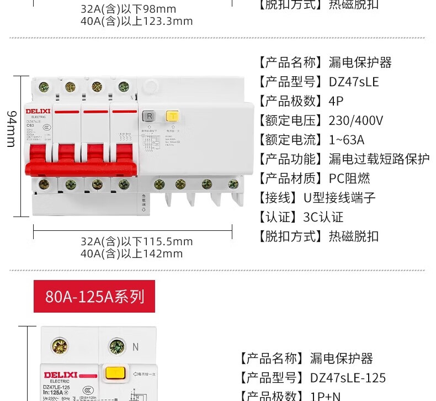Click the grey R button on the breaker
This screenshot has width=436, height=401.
tap(148, 116)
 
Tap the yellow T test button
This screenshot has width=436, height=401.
tap(172, 116)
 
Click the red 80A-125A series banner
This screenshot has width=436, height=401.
tap(94, 297)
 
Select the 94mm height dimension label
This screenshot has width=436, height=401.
tap(12, 128)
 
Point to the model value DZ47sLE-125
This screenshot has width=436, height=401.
tap(348, 378)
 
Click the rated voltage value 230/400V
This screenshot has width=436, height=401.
tap(355, 121)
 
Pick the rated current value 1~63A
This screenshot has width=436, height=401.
tap(346, 140)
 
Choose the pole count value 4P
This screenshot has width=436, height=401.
tap(336, 102)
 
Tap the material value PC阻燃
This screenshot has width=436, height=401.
tap(349, 178)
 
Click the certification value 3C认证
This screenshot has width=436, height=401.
tap(323, 217)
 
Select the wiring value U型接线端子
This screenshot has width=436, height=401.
tap(339, 198)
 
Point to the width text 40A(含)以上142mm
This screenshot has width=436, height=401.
tap(131, 254)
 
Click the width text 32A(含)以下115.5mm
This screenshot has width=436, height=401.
tap(136, 242)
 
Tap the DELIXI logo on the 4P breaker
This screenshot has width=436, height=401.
tap(38, 111)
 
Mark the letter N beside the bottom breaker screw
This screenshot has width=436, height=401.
tap(135, 347)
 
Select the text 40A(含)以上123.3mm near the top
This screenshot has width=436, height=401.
tap(136, 22)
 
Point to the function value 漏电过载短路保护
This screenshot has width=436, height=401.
tap(379, 159)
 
